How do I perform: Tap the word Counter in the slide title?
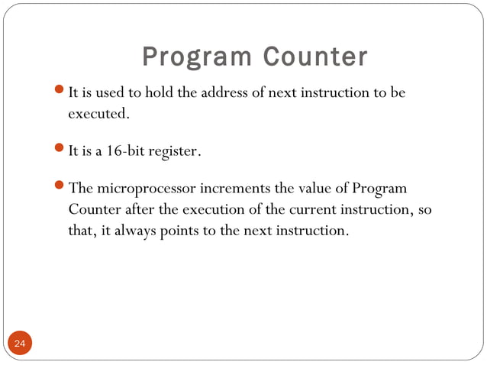point(315,57)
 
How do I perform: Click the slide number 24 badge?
point(19,344)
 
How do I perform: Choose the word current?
point(311,209)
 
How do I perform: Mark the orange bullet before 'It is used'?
point(62,93)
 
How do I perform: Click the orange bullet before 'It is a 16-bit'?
point(62,150)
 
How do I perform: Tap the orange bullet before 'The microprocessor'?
point(62,188)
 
